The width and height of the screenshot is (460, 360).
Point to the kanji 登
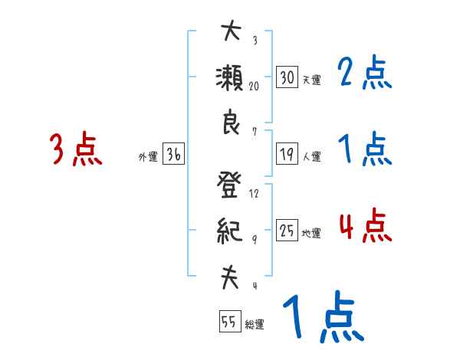pos(231,186)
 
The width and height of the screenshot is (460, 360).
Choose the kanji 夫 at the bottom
pos(231,277)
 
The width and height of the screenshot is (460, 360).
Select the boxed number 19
pos(287,154)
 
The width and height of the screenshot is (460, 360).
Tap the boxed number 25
pos(287,231)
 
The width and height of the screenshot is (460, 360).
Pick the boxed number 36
pos(172,154)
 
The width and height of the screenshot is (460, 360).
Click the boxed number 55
pos(229,321)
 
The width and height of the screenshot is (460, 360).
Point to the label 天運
pos(311,79)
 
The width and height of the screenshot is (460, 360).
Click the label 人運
pos(311,156)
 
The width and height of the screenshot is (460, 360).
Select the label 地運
pos(311,233)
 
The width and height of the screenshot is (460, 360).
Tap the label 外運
pos(148,156)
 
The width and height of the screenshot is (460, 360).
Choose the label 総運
pos(255,323)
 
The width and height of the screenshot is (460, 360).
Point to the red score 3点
pos(76,149)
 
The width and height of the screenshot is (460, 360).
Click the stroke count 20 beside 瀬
pos(255,87)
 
